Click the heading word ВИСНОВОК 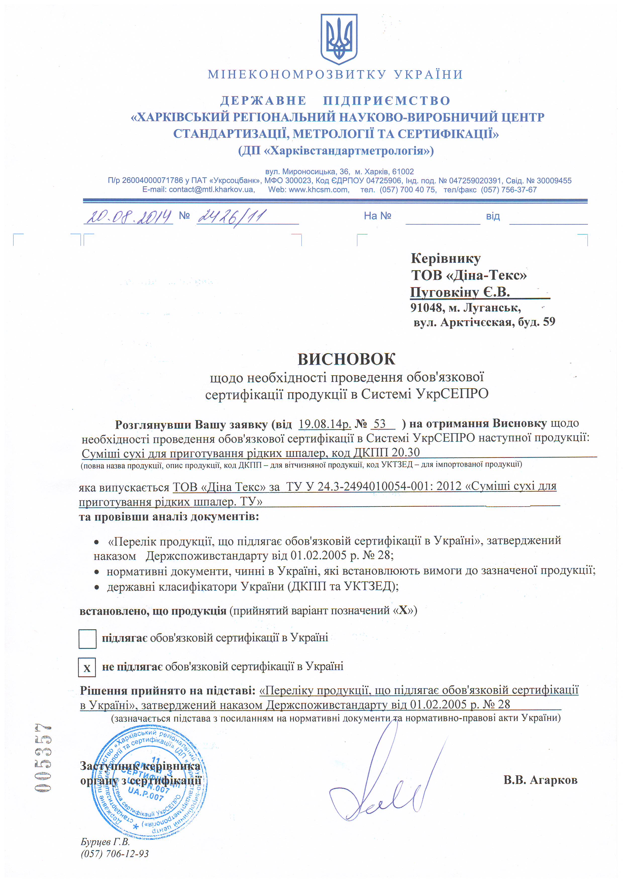[x=346, y=359]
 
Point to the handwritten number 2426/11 [x=231, y=217]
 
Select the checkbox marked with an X [x=87, y=667]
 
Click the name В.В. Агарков [x=540, y=780]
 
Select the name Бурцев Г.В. [x=105, y=852]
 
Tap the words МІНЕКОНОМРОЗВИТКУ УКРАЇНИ [x=335, y=74]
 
